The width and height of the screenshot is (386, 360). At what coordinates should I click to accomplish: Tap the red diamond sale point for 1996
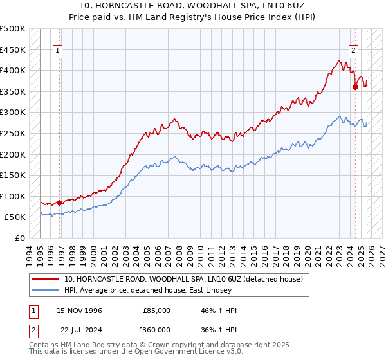pyautogui.click(x=60, y=203)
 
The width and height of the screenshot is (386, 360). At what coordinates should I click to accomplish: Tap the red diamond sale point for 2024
pyautogui.click(x=355, y=87)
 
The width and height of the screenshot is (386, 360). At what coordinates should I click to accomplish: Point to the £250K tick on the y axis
pyautogui.click(x=14, y=133)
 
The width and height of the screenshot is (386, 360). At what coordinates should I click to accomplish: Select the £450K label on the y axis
pyautogui.click(x=14, y=50)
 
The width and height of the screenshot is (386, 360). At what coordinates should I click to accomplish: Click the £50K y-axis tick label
pyautogui.click(x=16, y=217)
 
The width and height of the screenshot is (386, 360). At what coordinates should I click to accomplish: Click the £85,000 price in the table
pyautogui.click(x=157, y=310)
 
